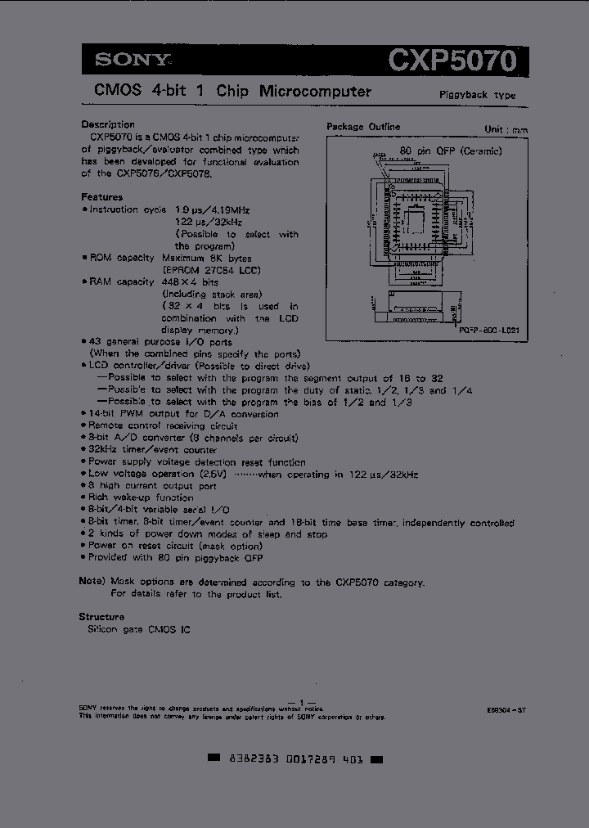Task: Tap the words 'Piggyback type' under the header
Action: coord(478,95)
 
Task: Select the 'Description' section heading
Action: coord(107,124)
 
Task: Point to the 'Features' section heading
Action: coord(101,197)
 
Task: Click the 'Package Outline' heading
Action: coord(363,127)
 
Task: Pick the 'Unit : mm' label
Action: coord(506,129)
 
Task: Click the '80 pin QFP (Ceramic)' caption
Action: coord(450,151)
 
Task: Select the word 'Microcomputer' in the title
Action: coord(315,92)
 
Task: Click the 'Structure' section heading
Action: coord(101,617)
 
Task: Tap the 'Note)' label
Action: coord(92,582)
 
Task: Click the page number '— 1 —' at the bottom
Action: coord(302,703)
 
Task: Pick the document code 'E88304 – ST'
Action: coord(504,711)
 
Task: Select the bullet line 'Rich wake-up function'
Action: coord(141,497)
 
